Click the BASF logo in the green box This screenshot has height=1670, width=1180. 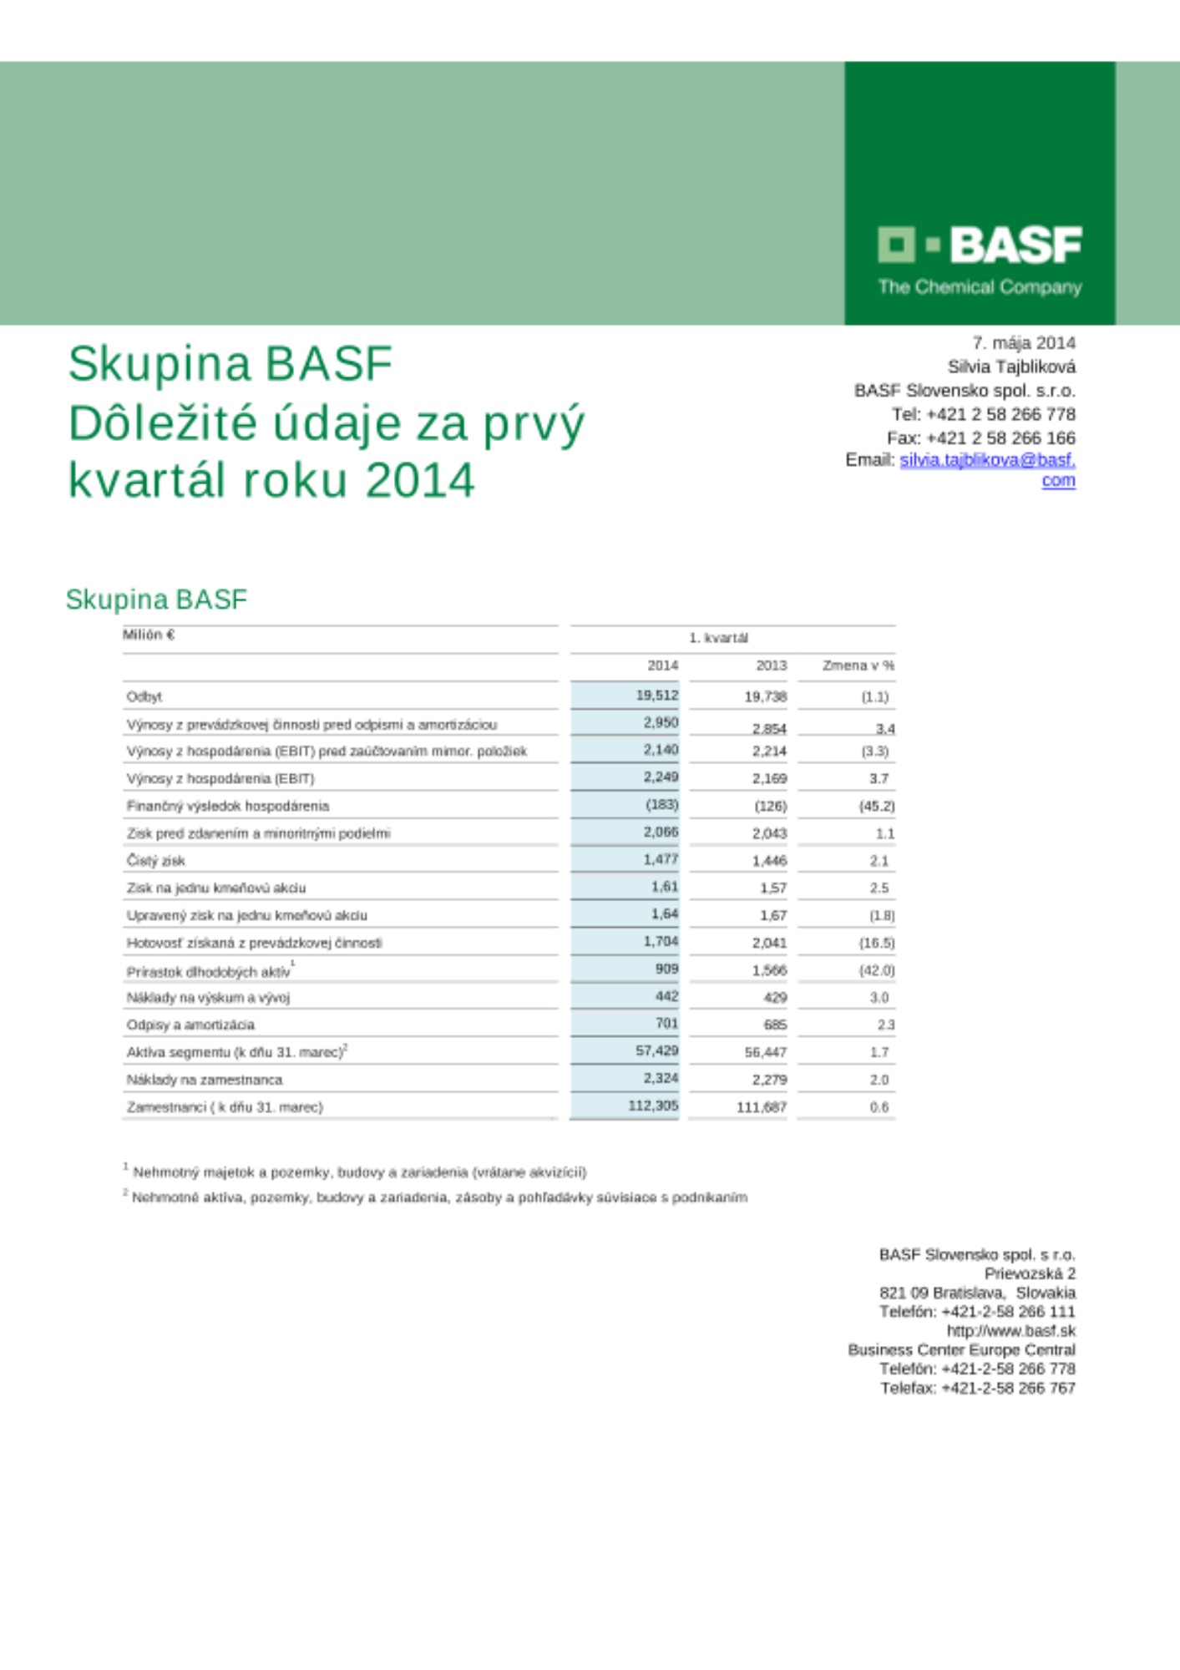tap(980, 246)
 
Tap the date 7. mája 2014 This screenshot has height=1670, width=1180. tap(1023, 342)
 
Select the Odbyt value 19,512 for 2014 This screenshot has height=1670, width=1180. tap(656, 695)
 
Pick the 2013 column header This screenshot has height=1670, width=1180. tap(771, 665)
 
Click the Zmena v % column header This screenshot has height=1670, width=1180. tap(858, 665)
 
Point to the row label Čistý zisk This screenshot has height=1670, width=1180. tap(155, 860)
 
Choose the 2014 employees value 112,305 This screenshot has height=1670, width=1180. tap(653, 1106)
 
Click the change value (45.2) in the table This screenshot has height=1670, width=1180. tap(876, 806)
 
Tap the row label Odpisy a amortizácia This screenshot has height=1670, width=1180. tap(190, 1025)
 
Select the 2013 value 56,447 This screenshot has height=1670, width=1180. tap(765, 1052)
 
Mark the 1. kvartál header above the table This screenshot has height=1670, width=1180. tap(718, 638)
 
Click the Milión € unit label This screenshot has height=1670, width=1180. tap(149, 635)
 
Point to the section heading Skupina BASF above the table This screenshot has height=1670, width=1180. tap(156, 600)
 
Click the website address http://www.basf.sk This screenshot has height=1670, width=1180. tap(1010, 1330)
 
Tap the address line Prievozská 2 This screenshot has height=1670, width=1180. tap(1029, 1273)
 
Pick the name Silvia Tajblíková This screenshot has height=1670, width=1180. tap(1010, 367)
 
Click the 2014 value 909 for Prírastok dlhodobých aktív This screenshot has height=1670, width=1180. tap(666, 969)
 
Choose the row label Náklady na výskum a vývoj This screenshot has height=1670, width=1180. tap(208, 997)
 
